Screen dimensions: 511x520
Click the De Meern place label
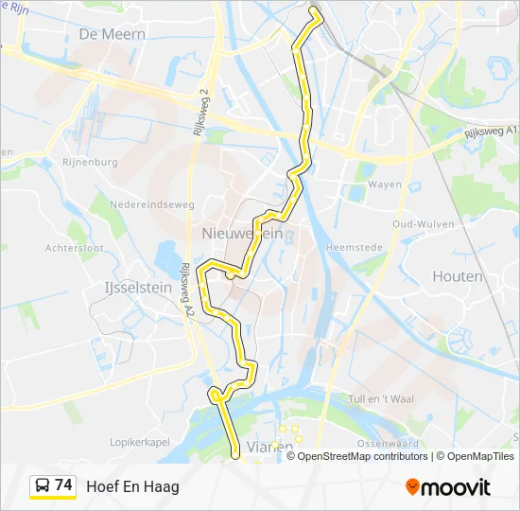113,33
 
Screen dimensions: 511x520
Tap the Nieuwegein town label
242,234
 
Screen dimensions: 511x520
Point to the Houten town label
457,276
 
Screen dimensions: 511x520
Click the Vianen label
269,446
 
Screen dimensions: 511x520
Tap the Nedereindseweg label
151,203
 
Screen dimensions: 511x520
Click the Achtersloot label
73,248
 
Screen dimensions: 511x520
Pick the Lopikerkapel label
139,442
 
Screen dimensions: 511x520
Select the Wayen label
385,185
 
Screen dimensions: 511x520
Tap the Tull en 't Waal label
382,399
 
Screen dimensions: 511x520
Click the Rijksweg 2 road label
200,114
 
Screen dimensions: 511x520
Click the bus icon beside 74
43,486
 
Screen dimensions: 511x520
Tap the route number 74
63,485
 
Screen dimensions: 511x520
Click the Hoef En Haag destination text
132,486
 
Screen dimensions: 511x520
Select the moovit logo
448,487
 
